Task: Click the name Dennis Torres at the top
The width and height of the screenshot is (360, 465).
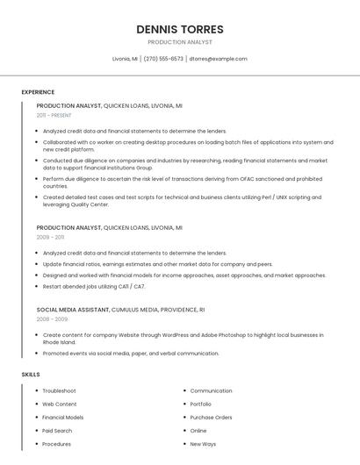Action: point(179,29)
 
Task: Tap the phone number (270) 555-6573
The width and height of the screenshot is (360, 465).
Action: point(163,59)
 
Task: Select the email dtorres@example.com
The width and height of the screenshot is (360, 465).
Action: point(218,59)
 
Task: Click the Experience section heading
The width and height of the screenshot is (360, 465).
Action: point(38,92)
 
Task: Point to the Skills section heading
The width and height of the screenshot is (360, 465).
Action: point(31,375)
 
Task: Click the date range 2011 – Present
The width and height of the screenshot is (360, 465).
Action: point(54,115)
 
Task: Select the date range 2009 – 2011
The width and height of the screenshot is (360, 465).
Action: point(50,237)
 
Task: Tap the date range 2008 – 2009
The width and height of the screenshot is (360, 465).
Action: point(52,319)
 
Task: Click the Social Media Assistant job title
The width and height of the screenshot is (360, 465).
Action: point(73,310)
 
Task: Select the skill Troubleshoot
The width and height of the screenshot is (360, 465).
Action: point(59,390)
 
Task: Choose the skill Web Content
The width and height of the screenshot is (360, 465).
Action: point(59,404)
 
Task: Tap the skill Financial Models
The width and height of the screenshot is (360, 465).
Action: point(63,418)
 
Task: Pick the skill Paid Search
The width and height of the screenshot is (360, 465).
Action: point(57,431)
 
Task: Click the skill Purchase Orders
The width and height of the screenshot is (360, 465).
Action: point(211,418)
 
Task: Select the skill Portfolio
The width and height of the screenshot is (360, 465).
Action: point(201,404)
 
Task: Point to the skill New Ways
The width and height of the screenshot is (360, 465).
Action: point(203,444)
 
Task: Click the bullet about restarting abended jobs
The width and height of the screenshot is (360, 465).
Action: point(94,286)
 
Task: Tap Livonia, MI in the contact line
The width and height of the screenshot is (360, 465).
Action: point(126,59)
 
